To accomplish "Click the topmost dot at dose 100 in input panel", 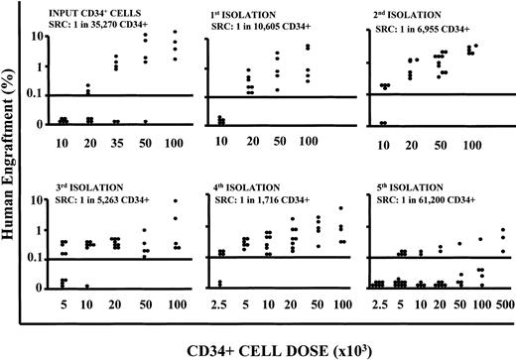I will click(x=176, y=32).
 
